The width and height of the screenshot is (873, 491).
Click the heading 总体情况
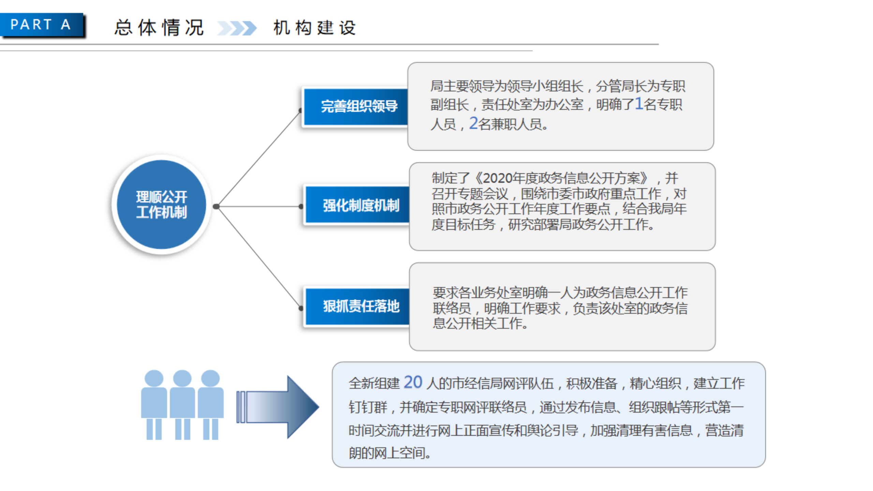tap(159, 28)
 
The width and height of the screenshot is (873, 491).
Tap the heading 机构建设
tap(314, 28)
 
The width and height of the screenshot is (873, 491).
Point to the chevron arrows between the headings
tap(237, 28)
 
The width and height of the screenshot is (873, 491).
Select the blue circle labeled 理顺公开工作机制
tap(161, 205)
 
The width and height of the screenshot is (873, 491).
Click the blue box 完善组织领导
tap(356, 107)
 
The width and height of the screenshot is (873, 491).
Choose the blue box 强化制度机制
tap(357, 205)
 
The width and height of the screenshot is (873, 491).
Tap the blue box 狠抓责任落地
tap(357, 306)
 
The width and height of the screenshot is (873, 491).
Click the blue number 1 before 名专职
tap(639, 104)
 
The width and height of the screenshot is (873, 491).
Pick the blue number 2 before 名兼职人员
tap(473, 123)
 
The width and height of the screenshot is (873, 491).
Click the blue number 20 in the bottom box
tap(413, 382)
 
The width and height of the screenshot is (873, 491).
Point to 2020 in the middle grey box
tap(498, 178)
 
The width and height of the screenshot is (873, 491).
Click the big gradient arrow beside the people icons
tap(278, 407)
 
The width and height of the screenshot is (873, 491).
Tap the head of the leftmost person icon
tap(154, 378)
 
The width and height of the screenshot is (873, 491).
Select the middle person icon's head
tap(182, 378)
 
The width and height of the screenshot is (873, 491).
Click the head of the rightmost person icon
tap(210, 378)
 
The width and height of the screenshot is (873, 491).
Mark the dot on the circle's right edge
tap(216, 206)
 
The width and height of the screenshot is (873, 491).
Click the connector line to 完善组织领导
tap(258, 159)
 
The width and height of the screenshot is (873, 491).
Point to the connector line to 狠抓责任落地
tap(258, 257)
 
